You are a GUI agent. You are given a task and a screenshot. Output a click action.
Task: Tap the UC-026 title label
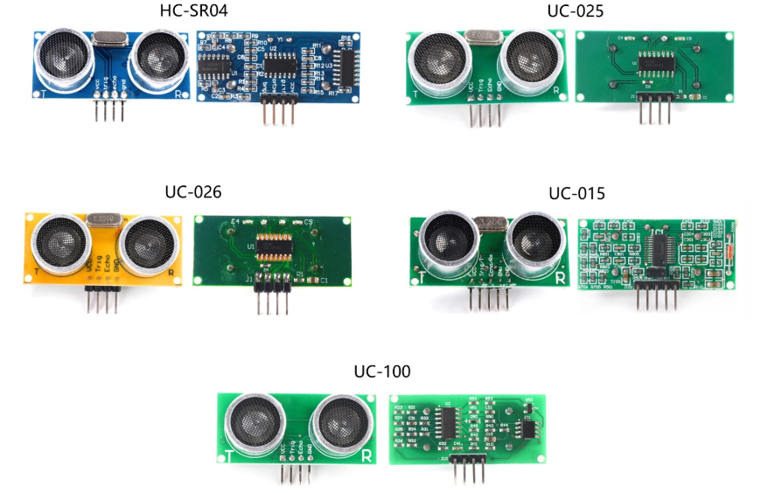pos(192,191)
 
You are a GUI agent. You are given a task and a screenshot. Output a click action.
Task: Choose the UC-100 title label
pos(381,371)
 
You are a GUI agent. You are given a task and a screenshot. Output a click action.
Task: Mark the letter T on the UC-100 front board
pos(229,455)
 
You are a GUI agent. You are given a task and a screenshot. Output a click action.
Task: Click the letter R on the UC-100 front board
pos(367,455)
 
